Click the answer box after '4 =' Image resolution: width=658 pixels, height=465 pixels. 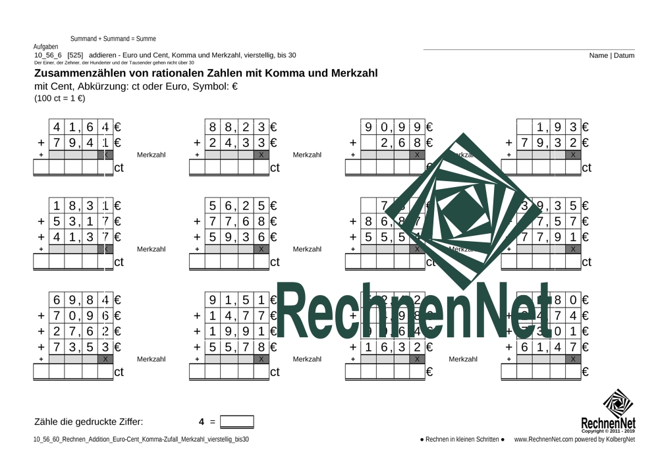[236, 422]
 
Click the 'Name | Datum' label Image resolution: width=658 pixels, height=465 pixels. [612, 56]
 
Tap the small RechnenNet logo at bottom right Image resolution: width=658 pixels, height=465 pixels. [608, 411]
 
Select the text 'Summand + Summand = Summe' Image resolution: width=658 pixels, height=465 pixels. [113, 39]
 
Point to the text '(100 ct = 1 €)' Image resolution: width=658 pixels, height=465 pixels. [60, 98]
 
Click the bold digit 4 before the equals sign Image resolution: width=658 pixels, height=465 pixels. [202, 422]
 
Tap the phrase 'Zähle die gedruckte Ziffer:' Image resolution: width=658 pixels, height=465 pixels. [88, 422]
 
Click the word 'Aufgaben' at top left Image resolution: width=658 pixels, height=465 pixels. [45, 47]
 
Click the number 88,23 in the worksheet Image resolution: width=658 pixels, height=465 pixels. [237, 128]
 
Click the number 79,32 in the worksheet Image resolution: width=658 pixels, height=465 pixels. [549, 142]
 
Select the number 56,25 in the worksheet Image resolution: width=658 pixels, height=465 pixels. [237, 205]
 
